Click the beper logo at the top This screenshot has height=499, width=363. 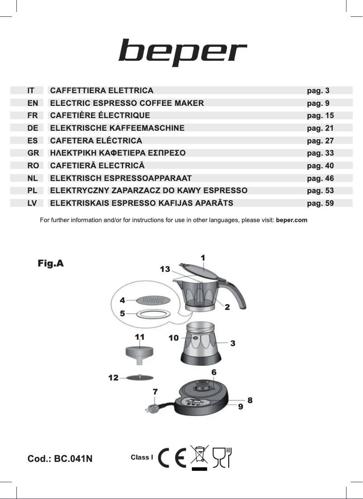click(x=182, y=52)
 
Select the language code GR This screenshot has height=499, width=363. click(x=33, y=153)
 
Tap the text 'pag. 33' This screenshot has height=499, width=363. click(x=320, y=153)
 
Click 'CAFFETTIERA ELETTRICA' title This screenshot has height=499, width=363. click(x=102, y=90)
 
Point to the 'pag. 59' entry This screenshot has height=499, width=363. click(x=320, y=203)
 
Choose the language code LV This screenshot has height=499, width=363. click(x=32, y=203)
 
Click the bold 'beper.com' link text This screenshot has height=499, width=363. click(x=291, y=220)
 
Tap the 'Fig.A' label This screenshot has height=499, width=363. click(x=51, y=263)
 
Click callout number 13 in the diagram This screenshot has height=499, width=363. click(x=165, y=269)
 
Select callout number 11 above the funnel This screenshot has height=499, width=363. click(x=139, y=337)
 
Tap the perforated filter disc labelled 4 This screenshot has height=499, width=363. click(x=154, y=299)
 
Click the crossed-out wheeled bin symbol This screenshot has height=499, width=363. click(x=199, y=456)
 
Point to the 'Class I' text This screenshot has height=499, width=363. click(x=142, y=457)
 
